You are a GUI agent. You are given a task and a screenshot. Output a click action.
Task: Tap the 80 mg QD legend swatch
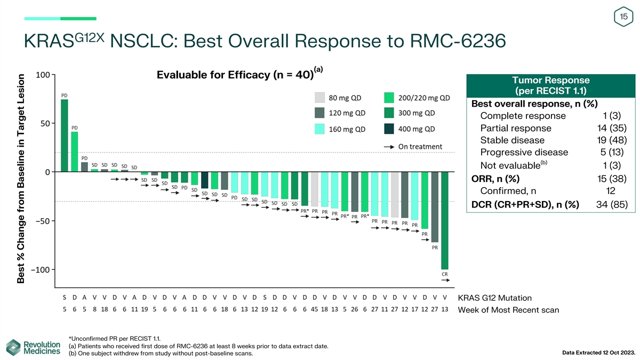pos(319,98)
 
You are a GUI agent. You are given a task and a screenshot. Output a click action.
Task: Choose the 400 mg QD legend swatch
pos(389,129)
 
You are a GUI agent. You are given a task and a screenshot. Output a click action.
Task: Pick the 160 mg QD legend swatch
pos(319,129)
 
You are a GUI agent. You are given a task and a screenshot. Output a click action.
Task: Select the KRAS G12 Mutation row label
pos(494,298)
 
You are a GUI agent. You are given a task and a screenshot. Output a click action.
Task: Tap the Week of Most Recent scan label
pos(508,310)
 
